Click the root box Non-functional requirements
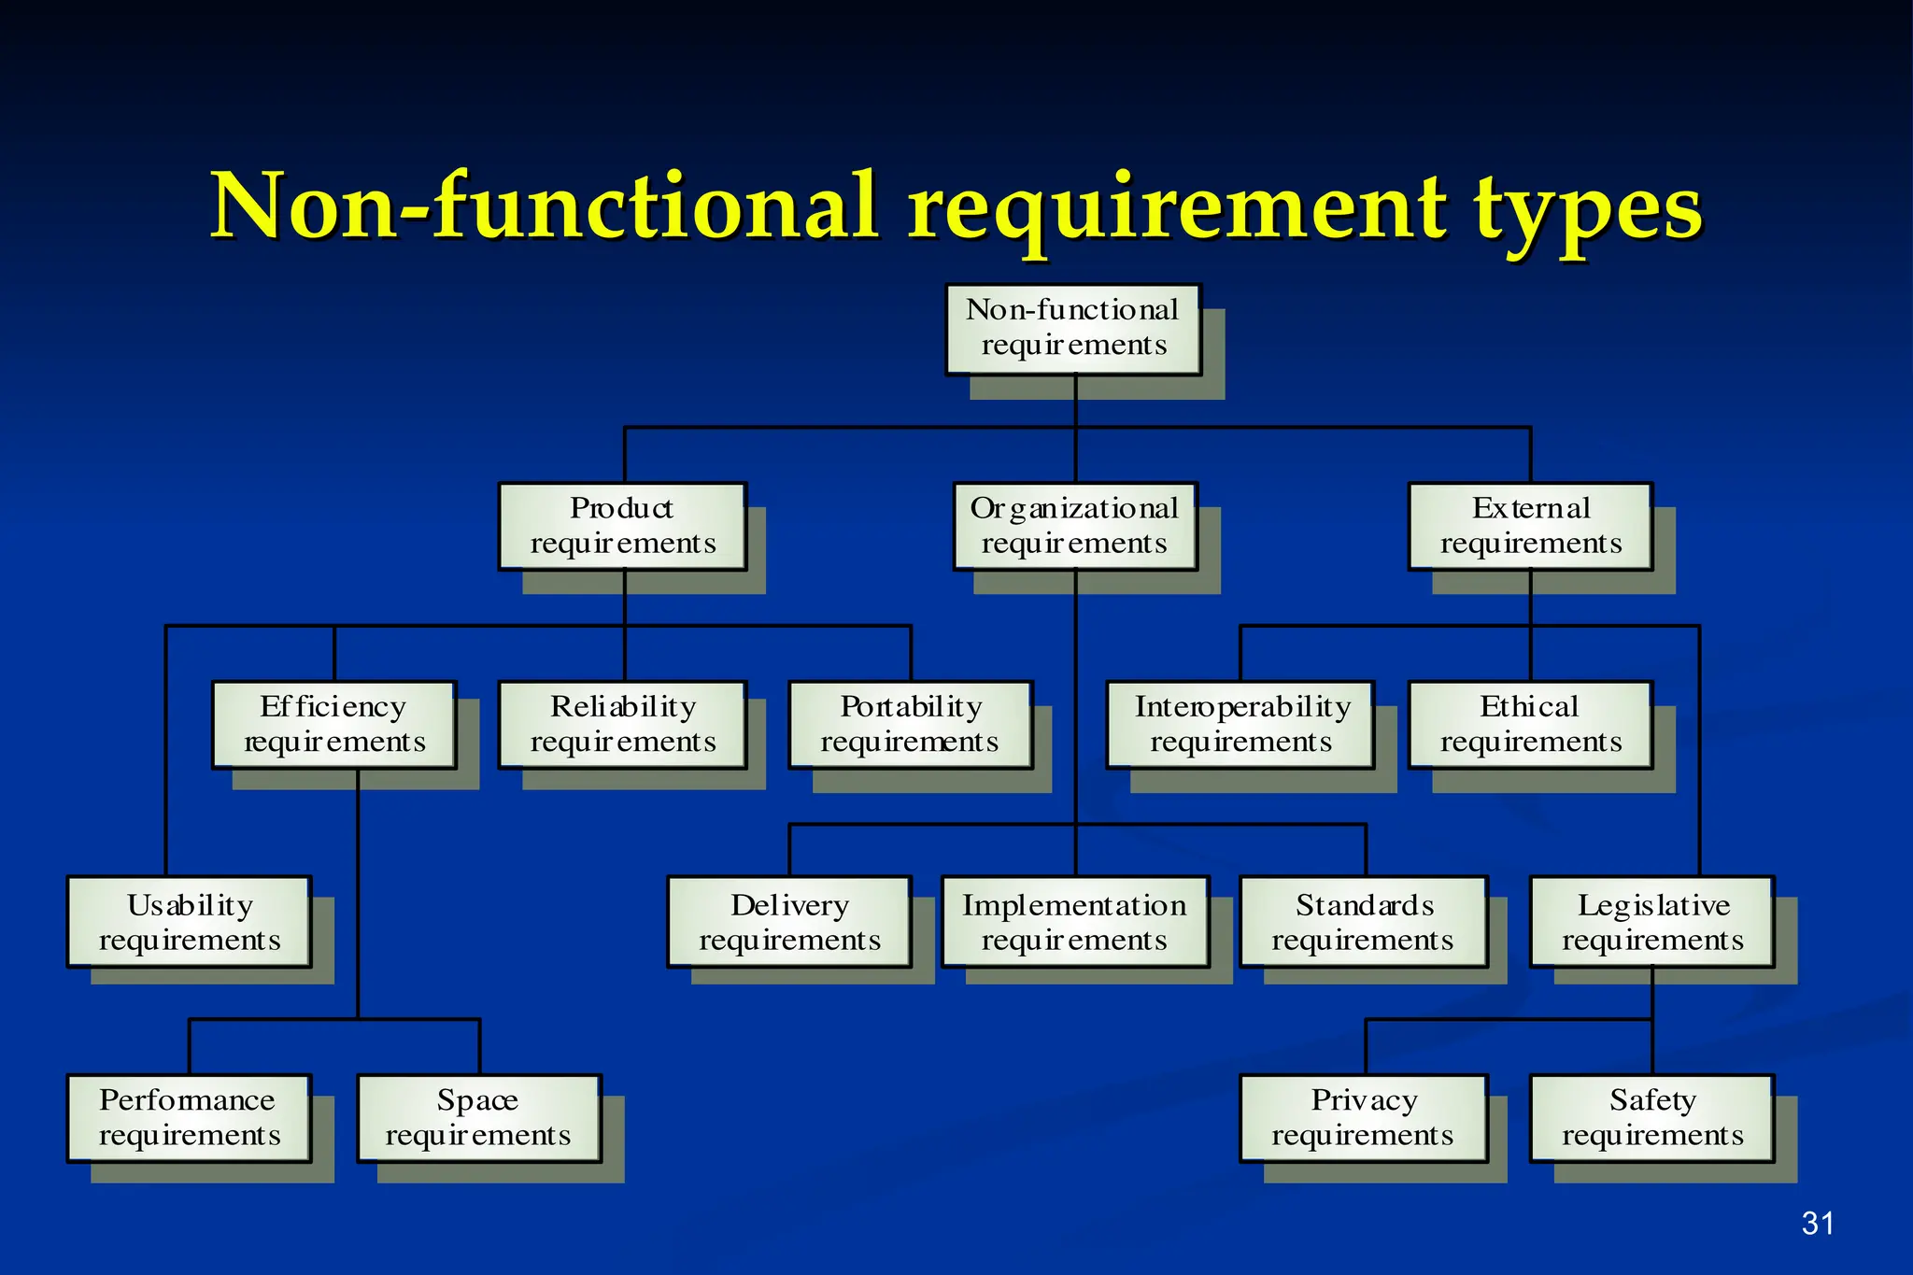tap(1073, 330)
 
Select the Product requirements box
tap(623, 527)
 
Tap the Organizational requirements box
tap(1075, 527)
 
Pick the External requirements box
tap(1530, 527)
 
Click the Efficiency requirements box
tap(334, 725)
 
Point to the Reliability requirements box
tap(623, 725)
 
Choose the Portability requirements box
tap(911, 725)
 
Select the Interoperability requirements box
tap(1240, 725)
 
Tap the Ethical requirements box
tap(1530, 725)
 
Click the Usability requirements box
tap(190, 922)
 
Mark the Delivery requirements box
tap(789, 922)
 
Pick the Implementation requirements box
tap(1075, 922)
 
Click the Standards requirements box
tap(1364, 922)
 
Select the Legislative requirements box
tap(1652, 922)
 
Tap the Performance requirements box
tap(190, 1118)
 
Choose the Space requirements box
tap(479, 1118)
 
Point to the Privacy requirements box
tap(1364, 1118)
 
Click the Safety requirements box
tap(1652, 1118)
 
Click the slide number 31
tap(1818, 1224)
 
